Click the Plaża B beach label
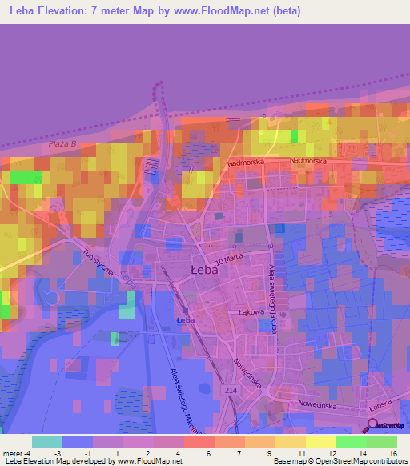[x=62, y=143]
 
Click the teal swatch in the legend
[x=47, y=441]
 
